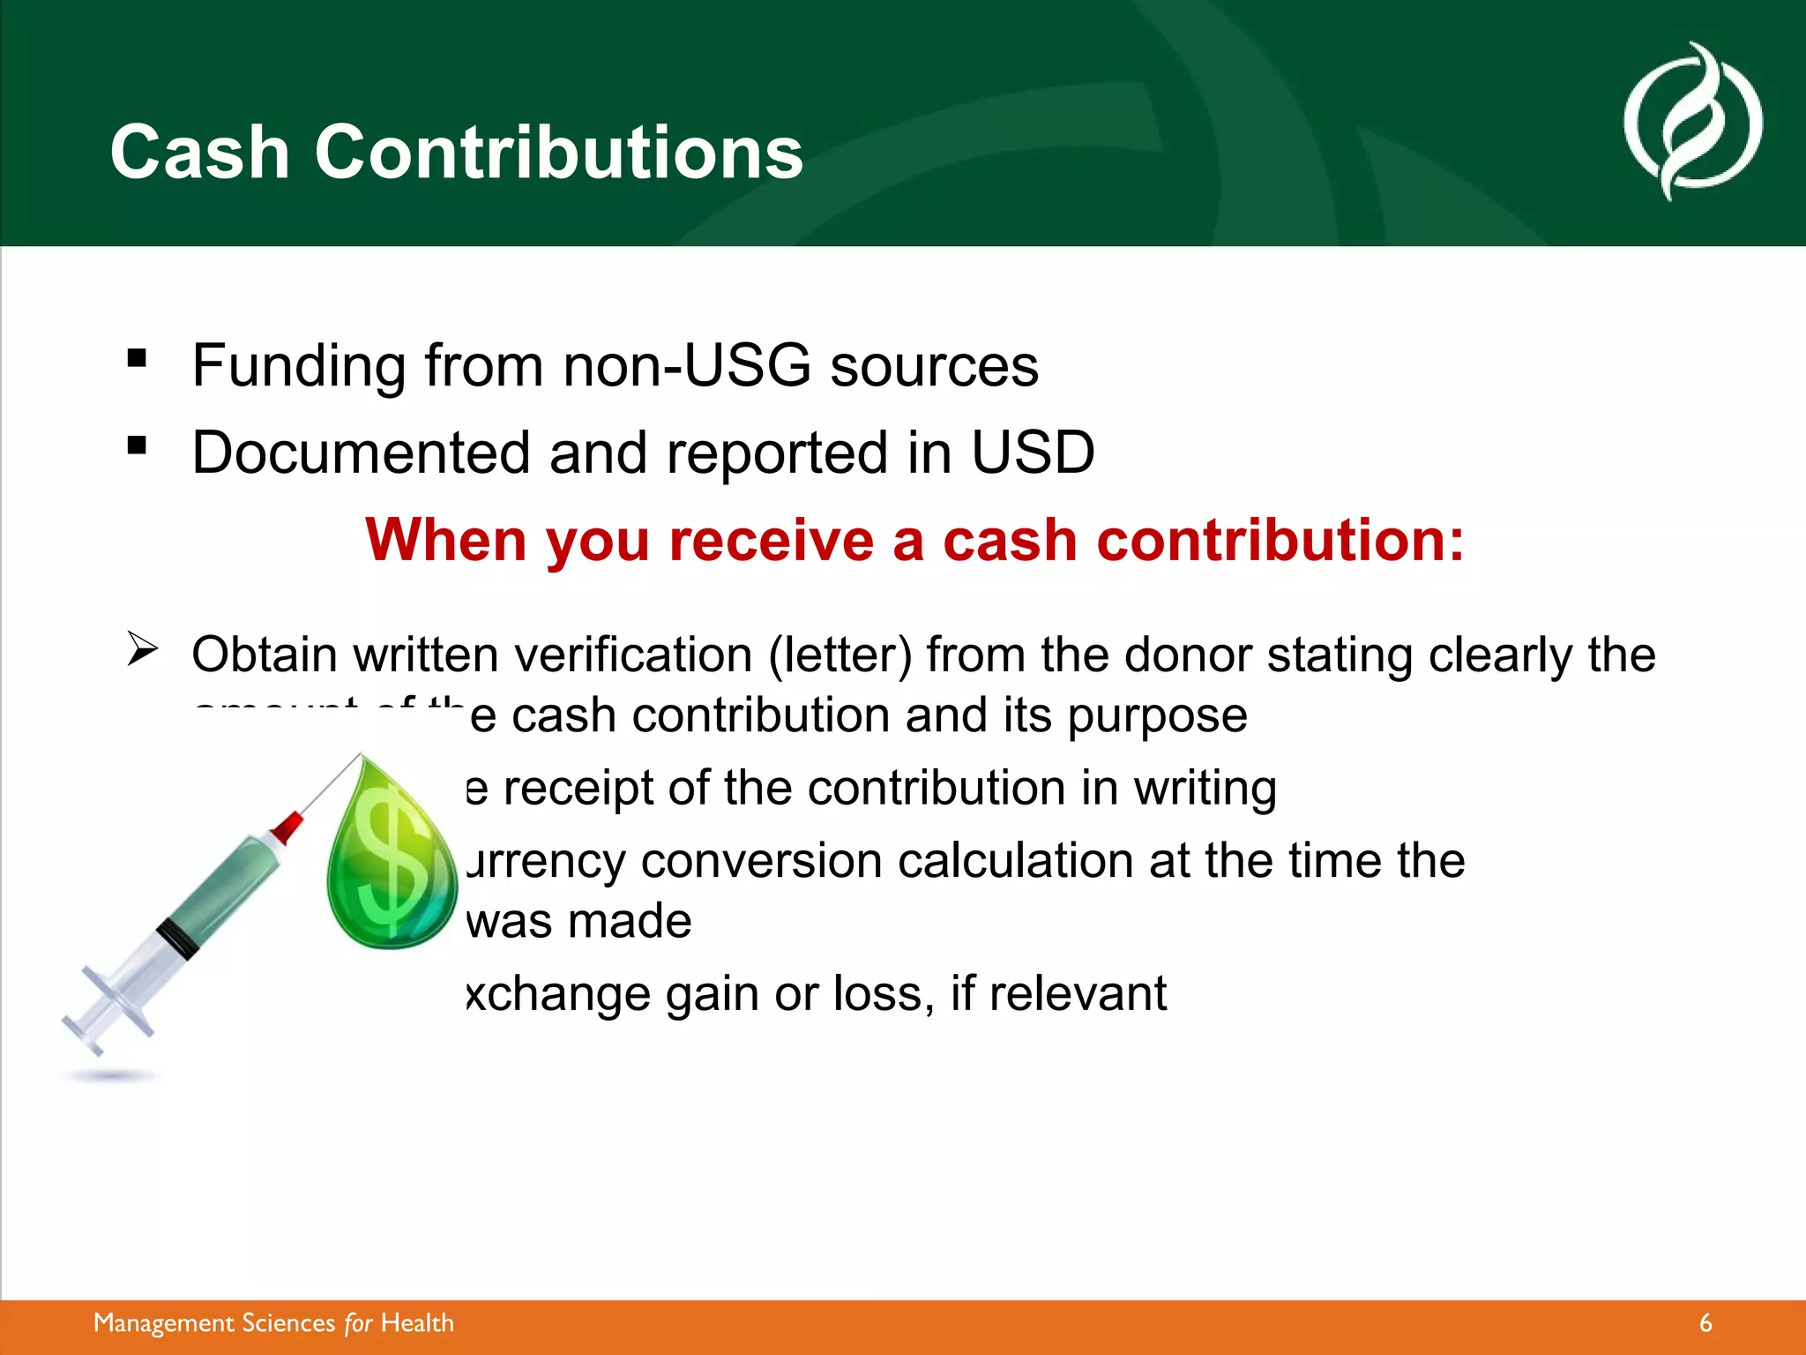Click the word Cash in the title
coord(199,153)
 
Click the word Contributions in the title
coord(558,153)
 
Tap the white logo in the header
coord(1692,122)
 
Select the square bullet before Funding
coord(137,358)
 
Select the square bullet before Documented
coord(137,445)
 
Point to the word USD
coord(1033,453)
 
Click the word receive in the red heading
coord(771,540)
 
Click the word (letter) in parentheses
coord(840,655)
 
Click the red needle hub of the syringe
coord(287,828)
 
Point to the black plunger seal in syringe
coord(177,939)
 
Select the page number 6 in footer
coord(1705,1323)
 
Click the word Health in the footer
coord(417,1323)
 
